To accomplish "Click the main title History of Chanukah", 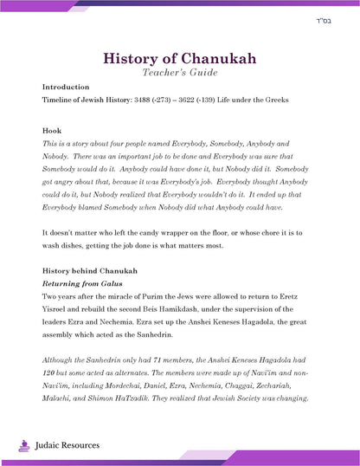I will [x=179, y=58].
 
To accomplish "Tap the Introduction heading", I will [x=66, y=87].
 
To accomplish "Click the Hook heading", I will [x=50, y=131].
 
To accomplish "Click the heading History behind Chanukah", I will [x=89, y=272].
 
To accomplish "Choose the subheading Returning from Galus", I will [x=80, y=283].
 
